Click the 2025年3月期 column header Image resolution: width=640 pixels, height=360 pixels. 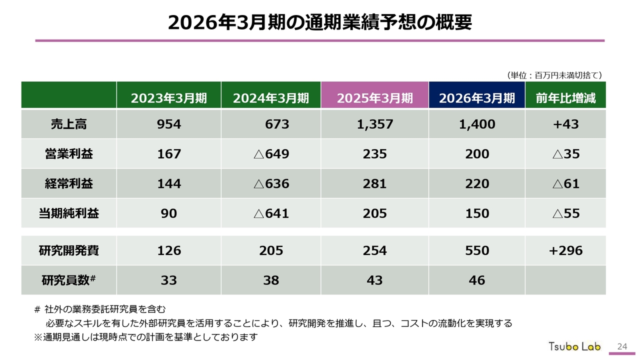[x=374, y=98]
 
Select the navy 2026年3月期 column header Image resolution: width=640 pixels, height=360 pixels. [x=476, y=98]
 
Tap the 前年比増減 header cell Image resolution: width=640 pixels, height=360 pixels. [x=565, y=98]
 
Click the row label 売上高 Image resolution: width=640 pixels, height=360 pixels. [x=68, y=124]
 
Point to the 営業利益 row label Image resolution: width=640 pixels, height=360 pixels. [x=68, y=154]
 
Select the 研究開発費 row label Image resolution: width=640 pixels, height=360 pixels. [x=68, y=250]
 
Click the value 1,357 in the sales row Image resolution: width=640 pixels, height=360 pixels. [x=374, y=124]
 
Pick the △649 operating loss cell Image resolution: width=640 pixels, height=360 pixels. [x=271, y=154]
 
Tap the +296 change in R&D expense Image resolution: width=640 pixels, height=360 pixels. [x=565, y=250]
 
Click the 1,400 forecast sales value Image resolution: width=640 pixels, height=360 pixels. [x=476, y=124]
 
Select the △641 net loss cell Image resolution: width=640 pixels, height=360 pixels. [x=271, y=213]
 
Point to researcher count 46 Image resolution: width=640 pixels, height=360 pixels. [x=476, y=280]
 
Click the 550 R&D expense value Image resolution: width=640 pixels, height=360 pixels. [x=476, y=250]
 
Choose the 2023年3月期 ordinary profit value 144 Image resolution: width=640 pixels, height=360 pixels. [x=169, y=183]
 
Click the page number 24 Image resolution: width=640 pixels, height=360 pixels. [x=622, y=346]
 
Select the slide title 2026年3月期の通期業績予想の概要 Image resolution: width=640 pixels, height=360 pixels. [x=320, y=23]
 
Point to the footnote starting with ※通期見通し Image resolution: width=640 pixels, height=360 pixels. [x=145, y=337]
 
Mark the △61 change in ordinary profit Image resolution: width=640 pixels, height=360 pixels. [x=565, y=183]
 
